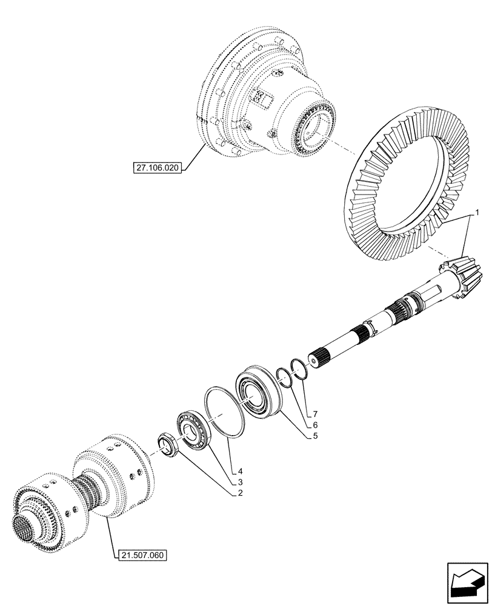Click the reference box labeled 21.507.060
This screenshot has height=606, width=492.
(140, 554)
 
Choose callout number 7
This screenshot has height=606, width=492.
(315, 414)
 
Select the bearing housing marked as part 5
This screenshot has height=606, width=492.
(258, 393)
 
